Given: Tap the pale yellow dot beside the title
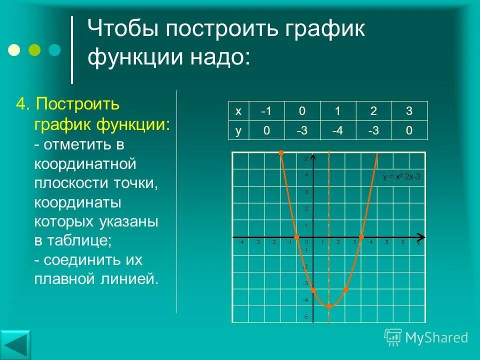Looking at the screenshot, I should click(14, 50).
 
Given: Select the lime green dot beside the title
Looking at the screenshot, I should click(34, 50).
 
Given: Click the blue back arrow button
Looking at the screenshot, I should click(15, 345).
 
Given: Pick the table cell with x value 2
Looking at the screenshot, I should click(373, 110).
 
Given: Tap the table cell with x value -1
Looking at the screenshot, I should click(266, 110).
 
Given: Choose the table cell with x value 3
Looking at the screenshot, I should click(409, 110).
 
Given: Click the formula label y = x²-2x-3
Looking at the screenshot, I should click(401, 176).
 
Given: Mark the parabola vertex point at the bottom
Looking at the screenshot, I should click(329, 306).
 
